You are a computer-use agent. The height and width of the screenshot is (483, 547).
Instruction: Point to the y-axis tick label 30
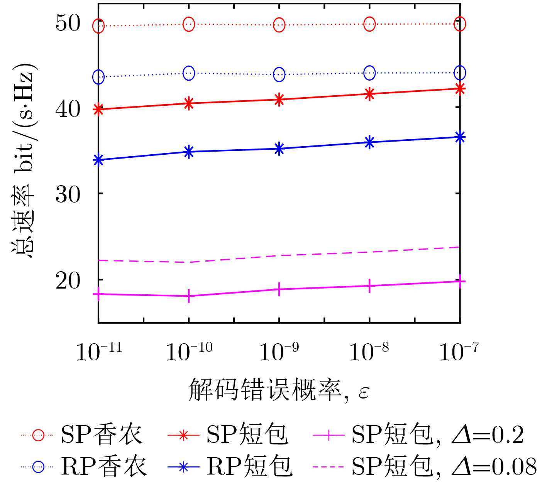pyautogui.click(x=68, y=194)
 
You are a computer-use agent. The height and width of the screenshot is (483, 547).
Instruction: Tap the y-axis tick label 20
pyautogui.click(x=68, y=281)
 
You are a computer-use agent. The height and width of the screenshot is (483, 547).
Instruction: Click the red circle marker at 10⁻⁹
pyautogui.click(x=279, y=25)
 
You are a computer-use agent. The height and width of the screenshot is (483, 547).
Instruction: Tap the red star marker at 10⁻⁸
pyautogui.click(x=369, y=94)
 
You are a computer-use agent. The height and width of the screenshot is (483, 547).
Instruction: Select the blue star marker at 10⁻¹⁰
pyautogui.click(x=189, y=152)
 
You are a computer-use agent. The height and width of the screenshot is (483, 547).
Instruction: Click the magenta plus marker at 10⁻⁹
pyautogui.click(x=279, y=289)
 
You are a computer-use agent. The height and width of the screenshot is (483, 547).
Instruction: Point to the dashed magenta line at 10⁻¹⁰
pyautogui.click(x=189, y=262)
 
